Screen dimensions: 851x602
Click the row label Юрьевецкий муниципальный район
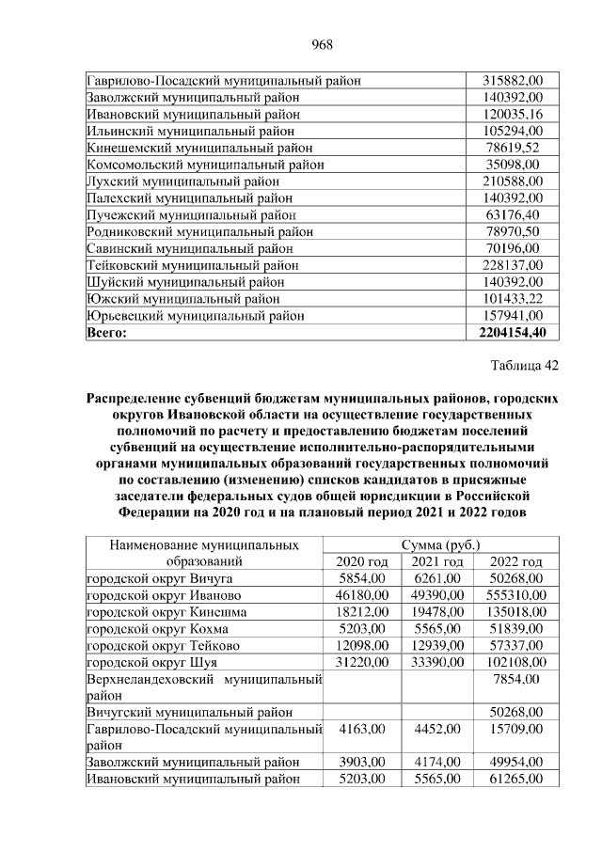[195, 315]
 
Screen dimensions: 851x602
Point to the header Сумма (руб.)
[439, 544]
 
